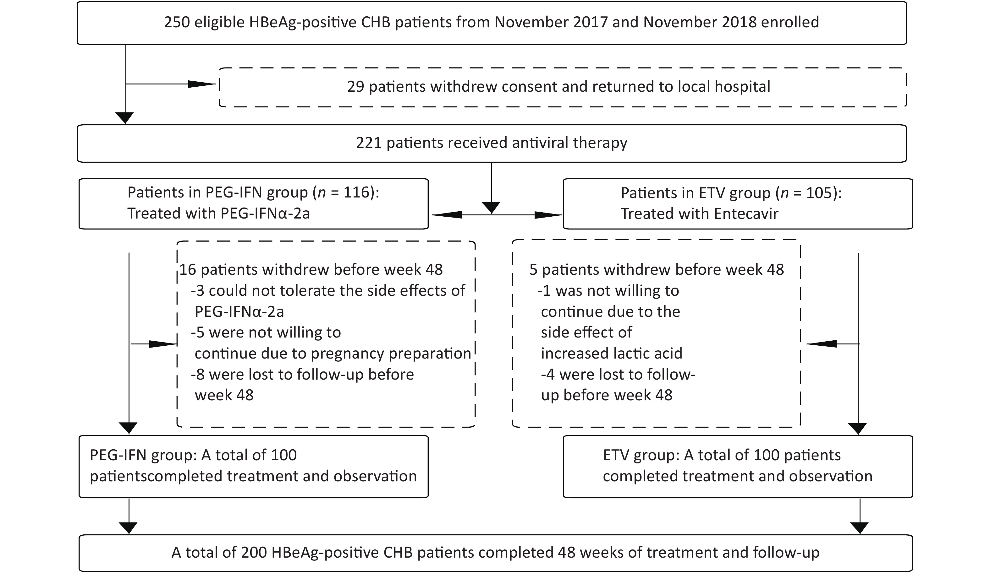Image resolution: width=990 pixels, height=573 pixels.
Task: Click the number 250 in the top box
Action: coord(177,22)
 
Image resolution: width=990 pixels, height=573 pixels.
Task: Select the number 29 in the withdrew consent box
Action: coord(355,86)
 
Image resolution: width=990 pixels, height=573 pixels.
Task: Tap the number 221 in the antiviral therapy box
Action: coord(369,143)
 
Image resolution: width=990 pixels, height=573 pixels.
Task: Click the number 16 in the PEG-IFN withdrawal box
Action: coord(188,270)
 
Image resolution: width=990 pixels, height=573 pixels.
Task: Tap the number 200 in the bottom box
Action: coord(254,552)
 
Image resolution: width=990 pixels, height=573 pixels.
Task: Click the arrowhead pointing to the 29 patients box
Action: coord(202,84)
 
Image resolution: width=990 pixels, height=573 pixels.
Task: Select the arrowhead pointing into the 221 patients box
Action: coord(126,118)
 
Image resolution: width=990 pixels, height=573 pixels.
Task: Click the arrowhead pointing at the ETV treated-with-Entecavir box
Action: coord(548,215)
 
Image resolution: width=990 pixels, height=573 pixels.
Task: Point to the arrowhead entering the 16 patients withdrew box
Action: coord(163,344)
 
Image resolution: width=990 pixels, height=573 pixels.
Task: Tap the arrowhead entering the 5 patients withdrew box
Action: coord(821,344)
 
